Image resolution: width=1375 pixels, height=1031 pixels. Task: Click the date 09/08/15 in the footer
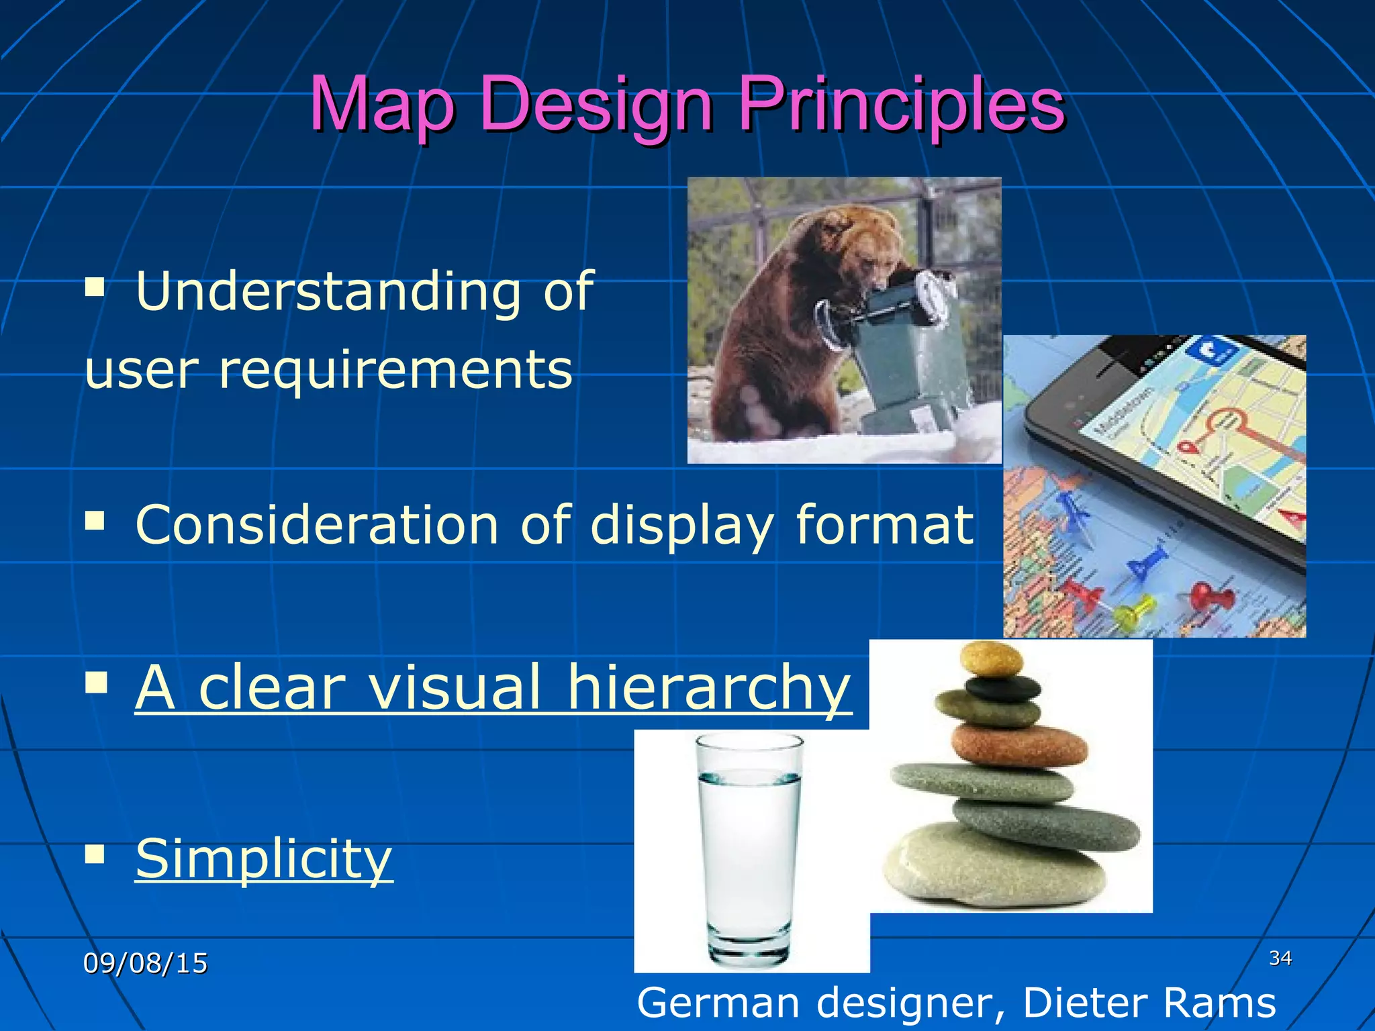pos(145,963)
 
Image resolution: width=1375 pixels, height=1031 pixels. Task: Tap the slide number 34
pos(1280,958)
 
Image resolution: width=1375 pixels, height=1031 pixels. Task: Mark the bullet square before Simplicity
pos(95,854)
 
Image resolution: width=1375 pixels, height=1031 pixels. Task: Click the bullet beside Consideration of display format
pos(95,520)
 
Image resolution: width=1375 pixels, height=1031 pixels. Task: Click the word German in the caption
pos(718,1003)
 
